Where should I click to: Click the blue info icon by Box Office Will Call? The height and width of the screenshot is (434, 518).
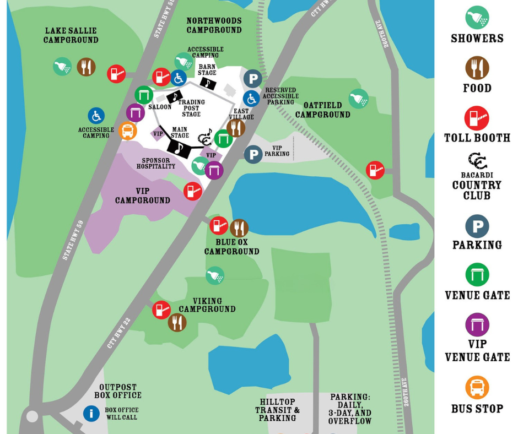tap(91, 413)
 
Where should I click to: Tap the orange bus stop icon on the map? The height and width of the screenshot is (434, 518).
tap(127, 131)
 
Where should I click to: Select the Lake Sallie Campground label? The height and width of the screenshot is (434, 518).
tap(71, 36)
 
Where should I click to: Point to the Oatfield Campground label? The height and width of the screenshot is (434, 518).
tap(322, 110)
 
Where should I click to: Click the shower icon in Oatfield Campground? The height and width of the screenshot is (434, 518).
tap(358, 99)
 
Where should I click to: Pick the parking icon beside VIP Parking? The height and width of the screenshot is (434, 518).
tap(253, 154)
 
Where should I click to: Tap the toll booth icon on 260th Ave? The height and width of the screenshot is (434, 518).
tap(375, 170)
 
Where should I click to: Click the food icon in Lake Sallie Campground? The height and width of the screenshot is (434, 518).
tap(86, 67)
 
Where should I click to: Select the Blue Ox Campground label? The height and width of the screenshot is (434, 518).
tap(231, 247)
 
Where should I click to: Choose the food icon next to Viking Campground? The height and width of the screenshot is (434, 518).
tap(177, 322)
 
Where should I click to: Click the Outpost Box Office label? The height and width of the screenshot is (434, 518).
tap(117, 391)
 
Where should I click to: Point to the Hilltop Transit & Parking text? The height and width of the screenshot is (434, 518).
tap(278, 410)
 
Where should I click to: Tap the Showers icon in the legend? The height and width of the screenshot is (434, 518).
tap(477, 17)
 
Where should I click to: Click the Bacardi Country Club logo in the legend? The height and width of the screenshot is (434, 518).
tap(477, 161)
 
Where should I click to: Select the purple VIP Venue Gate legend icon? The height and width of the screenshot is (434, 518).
tap(477, 324)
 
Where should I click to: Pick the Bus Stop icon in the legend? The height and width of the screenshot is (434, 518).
tap(477, 387)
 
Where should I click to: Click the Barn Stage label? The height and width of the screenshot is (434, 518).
tap(207, 69)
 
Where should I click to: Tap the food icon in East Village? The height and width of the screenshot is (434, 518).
tap(236, 128)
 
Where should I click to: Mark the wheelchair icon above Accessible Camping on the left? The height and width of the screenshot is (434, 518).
tap(96, 116)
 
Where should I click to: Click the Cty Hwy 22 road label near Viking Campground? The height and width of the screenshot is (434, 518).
tap(119, 333)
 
